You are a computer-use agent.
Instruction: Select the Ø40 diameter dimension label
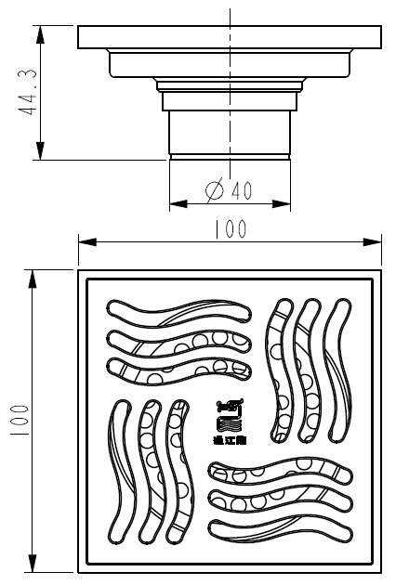229,190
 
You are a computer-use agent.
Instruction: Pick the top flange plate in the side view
231,38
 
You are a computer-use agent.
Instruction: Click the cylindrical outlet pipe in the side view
230,135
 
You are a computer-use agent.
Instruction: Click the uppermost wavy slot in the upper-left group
181,311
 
